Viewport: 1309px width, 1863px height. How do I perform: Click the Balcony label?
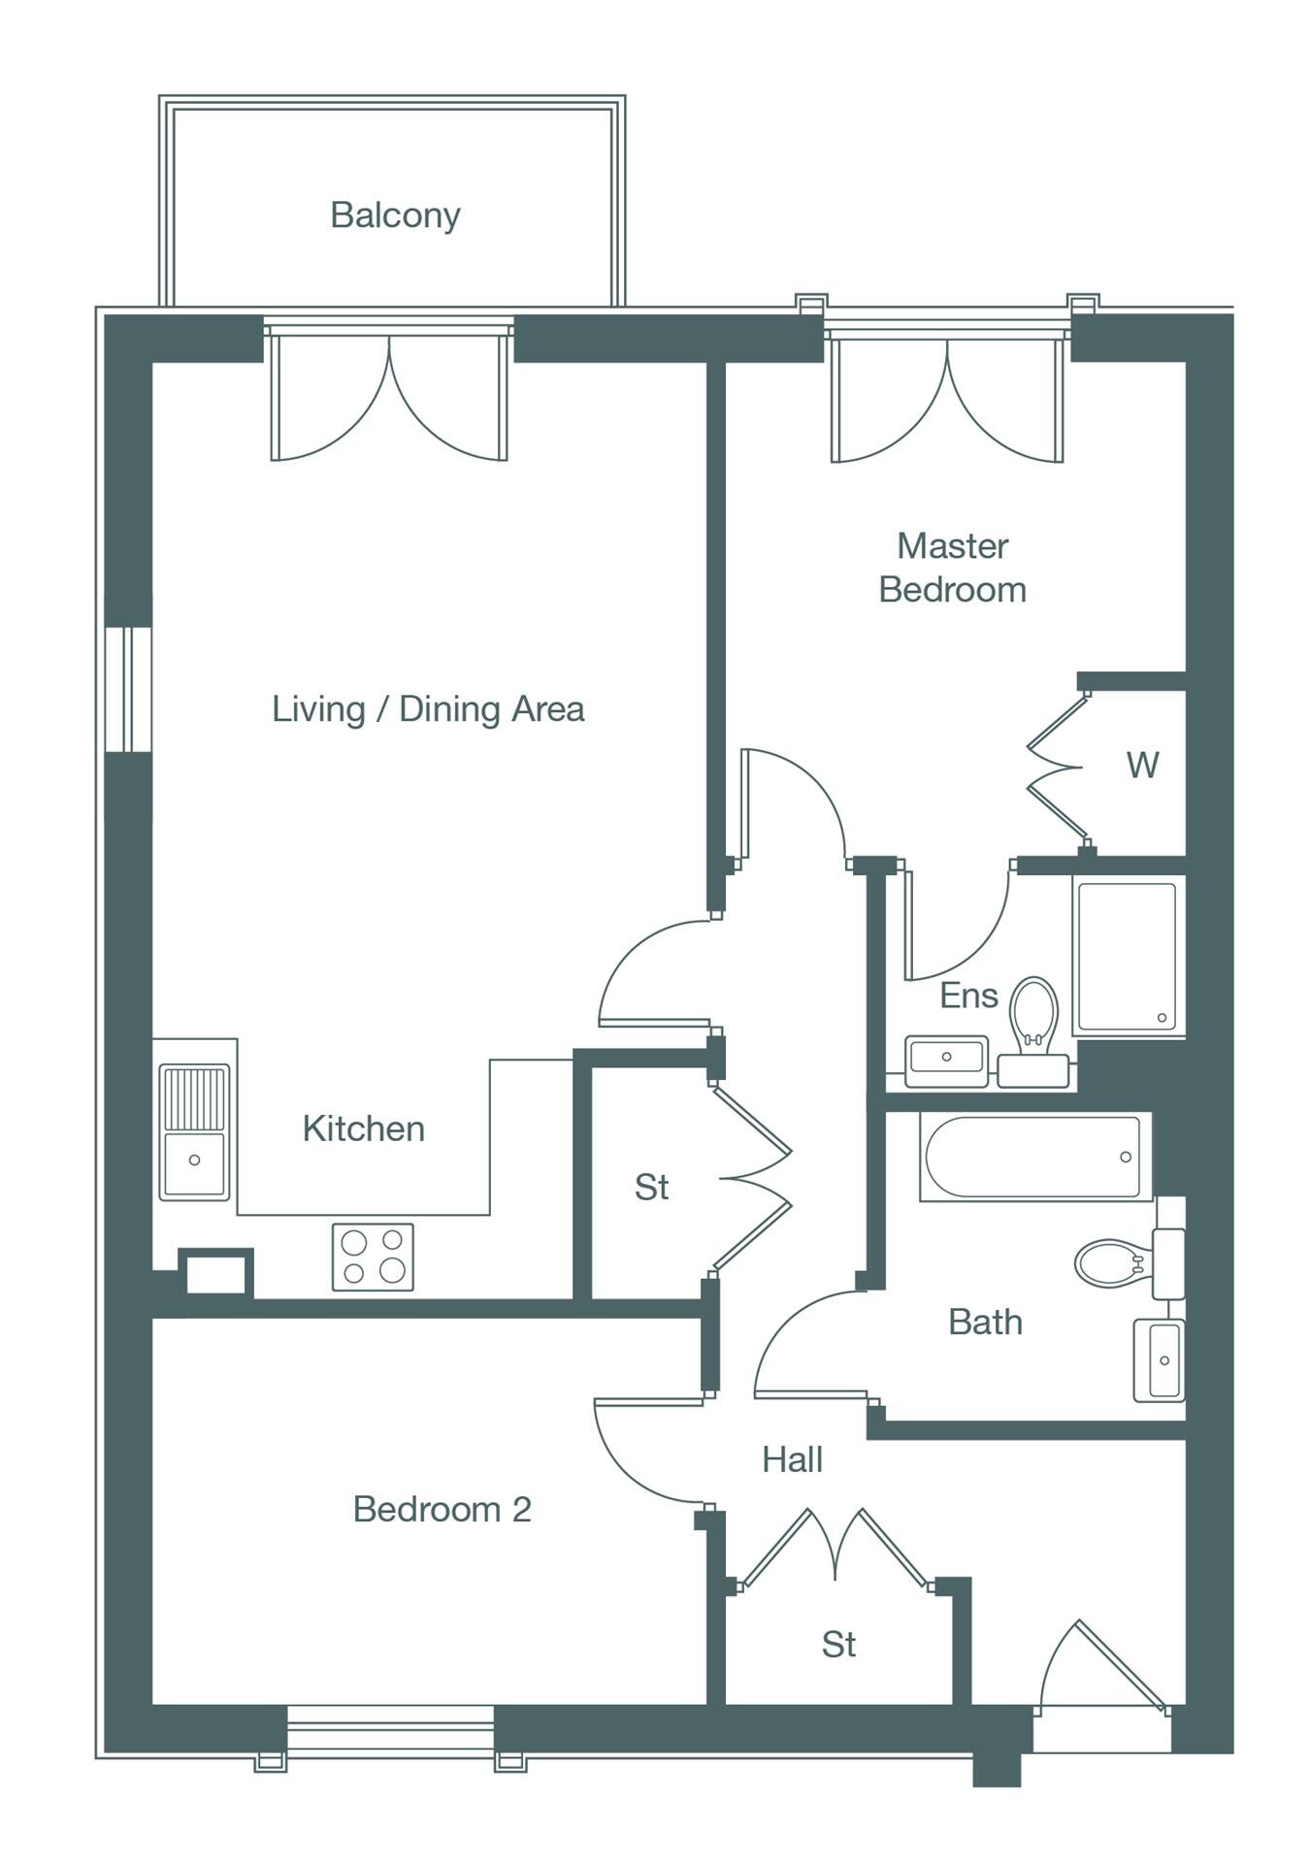[x=394, y=214]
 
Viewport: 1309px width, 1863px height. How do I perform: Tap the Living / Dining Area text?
[x=428, y=709]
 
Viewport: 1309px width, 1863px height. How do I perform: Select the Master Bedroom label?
[x=952, y=568]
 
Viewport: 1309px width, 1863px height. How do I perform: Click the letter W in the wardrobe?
[x=1142, y=766]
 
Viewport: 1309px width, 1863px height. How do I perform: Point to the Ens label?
[x=968, y=996]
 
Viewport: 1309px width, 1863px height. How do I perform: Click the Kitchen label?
[x=364, y=1128]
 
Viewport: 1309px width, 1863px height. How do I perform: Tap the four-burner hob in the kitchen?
[x=373, y=1257]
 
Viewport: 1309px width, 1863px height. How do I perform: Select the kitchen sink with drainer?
[x=194, y=1131]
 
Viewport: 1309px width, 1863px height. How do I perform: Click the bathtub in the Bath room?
[x=1033, y=1157]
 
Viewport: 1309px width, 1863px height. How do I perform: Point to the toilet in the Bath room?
[x=1111, y=1262]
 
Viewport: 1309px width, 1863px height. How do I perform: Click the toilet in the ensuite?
[x=1033, y=1014]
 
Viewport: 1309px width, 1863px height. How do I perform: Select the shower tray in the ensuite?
[x=1126, y=956]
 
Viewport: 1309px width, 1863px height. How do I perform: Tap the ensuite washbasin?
[x=946, y=1061]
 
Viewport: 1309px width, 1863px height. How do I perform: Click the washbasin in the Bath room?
[x=1160, y=1359]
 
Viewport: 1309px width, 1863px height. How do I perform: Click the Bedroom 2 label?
[x=442, y=1509]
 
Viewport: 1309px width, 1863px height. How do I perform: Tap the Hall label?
[x=792, y=1459]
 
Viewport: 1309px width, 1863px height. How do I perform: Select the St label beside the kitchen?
[x=651, y=1187]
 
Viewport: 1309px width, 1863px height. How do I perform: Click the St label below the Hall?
[x=838, y=1644]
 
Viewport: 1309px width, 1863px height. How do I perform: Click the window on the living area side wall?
[x=128, y=689]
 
